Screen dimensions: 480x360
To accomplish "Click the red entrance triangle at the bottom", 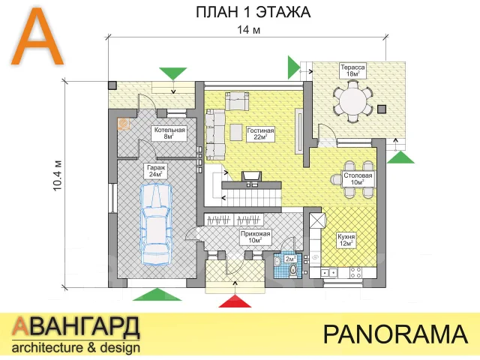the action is [235, 301].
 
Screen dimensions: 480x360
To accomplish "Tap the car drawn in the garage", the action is [156, 223].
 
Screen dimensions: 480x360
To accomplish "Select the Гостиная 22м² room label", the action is [260, 133].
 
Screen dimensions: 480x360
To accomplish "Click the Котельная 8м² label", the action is [169, 133].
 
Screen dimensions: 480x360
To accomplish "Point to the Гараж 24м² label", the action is [156, 171].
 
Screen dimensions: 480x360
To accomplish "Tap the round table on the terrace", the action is [352, 101].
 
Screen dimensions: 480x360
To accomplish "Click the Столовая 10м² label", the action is [358, 178].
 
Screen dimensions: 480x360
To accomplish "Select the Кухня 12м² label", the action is [346, 240].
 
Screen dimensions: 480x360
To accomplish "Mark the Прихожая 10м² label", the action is [255, 237].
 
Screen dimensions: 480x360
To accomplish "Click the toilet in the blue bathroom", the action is [293, 270].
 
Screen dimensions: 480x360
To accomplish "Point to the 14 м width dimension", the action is [249, 30].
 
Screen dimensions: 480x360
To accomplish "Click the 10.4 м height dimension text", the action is [58, 176].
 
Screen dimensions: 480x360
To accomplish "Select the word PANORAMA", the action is [395, 334].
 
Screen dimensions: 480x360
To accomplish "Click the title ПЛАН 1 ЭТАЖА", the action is [253, 12].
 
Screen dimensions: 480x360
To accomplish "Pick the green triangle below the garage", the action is [157, 294].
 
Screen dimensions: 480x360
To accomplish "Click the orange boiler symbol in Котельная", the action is [124, 124].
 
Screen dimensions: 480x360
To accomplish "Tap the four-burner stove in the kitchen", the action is [355, 272].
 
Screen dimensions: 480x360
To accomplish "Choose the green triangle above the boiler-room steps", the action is [173, 73].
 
